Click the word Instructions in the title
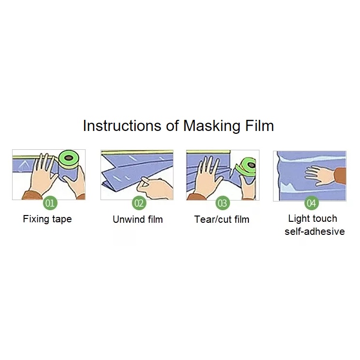(122, 126)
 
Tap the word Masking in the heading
(212, 126)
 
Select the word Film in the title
(259, 126)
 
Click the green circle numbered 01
(50, 203)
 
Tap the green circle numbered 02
(139, 203)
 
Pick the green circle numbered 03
(222, 203)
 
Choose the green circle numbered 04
(311, 203)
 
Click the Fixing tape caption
(47, 219)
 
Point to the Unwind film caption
(138, 219)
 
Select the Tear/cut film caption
(222, 219)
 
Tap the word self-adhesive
(315, 231)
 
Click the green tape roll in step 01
(69, 158)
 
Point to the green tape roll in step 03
(246, 166)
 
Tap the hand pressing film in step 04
(319, 175)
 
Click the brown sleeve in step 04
(340, 176)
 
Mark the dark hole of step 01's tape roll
(69, 158)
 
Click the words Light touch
(313, 218)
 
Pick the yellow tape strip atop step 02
(137, 152)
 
